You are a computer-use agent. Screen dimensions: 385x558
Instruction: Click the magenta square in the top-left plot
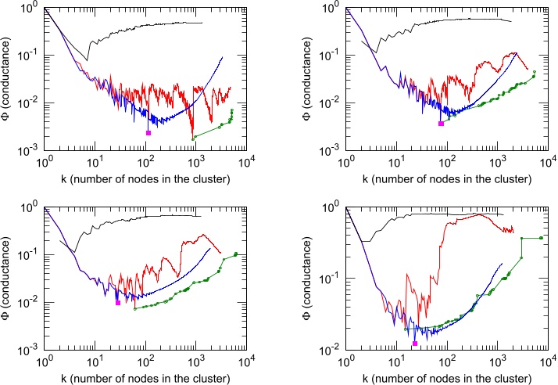pyautogui.click(x=148, y=133)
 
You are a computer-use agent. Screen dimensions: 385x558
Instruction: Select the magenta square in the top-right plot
pyautogui.click(x=441, y=124)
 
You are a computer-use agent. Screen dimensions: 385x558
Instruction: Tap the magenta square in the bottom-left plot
pyautogui.click(x=118, y=302)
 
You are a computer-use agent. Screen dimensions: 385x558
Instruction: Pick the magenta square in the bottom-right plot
pyautogui.click(x=415, y=344)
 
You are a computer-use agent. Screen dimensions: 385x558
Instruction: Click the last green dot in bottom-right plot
pyautogui.click(x=542, y=237)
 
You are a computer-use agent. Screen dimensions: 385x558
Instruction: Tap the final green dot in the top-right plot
pyautogui.click(x=535, y=73)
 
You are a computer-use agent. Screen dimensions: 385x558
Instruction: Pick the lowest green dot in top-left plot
pyautogui.click(x=193, y=139)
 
